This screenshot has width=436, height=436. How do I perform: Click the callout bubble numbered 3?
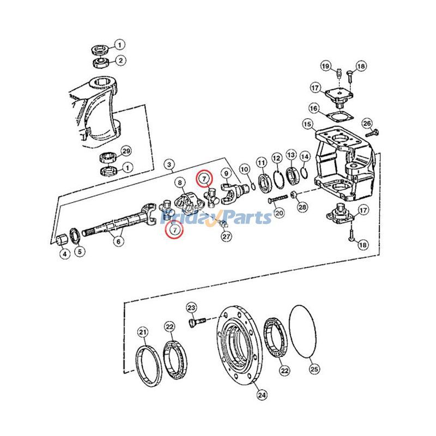[169, 165]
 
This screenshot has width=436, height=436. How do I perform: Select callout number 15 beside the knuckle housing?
[308, 124]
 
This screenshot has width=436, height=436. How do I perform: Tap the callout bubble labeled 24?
[262, 395]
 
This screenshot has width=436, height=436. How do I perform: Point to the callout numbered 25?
[314, 370]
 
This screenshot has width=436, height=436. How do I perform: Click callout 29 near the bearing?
[126, 152]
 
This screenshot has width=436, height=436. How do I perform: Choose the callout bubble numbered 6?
[119, 241]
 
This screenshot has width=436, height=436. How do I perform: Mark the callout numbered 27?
[226, 237]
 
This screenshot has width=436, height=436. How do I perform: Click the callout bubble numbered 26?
[367, 123]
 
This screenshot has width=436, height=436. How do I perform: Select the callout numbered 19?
[326, 66]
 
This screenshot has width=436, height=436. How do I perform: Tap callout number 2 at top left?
[120, 60]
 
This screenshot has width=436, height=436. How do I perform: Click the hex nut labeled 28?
[293, 195]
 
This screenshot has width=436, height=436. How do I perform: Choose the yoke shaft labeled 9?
[234, 193]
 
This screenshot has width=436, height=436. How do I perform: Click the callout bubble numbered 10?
[244, 169]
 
